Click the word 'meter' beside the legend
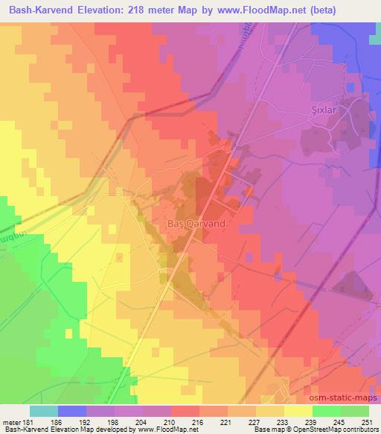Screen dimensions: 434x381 [10, 421]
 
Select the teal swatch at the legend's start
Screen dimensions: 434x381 [43, 411]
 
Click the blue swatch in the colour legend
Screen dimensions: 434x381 [71, 411]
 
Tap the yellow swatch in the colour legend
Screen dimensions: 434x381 [298, 411]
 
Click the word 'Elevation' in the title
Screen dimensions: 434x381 [87, 10]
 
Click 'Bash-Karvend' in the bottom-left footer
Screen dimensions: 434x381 [23, 430]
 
